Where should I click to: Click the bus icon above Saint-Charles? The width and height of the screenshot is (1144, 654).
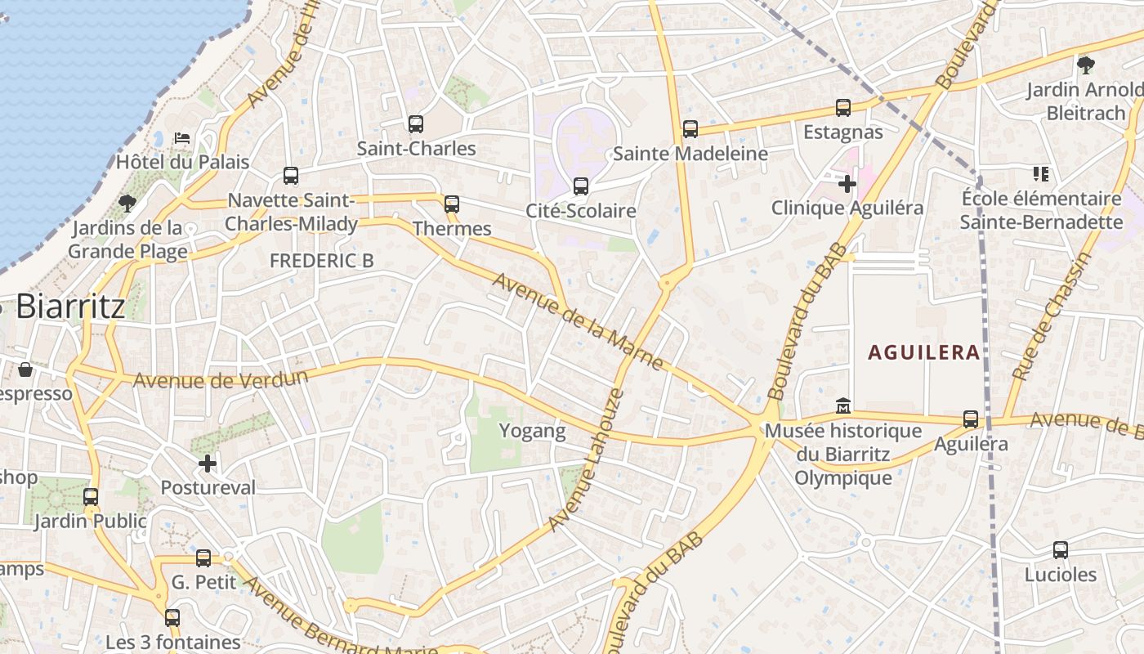click(x=416, y=124)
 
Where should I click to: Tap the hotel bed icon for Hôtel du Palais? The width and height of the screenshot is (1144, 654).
click(x=182, y=137)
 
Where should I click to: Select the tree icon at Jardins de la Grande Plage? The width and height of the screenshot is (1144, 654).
click(x=127, y=203)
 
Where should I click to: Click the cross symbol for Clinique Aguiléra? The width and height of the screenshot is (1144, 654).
click(x=847, y=184)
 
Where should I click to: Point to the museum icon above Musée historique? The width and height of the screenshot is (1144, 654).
click(x=843, y=405)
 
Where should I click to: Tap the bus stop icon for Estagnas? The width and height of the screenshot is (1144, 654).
click(x=843, y=108)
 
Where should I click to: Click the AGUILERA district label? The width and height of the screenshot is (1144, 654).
click(x=923, y=352)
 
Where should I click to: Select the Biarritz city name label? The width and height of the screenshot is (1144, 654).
click(x=70, y=307)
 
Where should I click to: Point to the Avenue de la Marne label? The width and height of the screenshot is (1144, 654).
click(x=577, y=321)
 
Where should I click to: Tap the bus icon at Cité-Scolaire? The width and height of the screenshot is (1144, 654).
click(x=581, y=186)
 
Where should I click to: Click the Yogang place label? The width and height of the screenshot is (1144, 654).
click(x=532, y=431)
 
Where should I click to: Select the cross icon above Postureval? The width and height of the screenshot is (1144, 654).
click(x=208, y=464)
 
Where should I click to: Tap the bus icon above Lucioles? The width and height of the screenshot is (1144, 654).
click(x=1061, y=550)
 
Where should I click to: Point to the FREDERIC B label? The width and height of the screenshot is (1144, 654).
click(x=321, y=261)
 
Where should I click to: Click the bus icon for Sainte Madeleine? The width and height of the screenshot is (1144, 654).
click(x=690, y=128)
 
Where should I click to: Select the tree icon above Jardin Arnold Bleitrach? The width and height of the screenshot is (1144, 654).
click(x=1085, y=65)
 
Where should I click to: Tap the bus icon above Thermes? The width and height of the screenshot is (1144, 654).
click(x=452, y=204)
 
